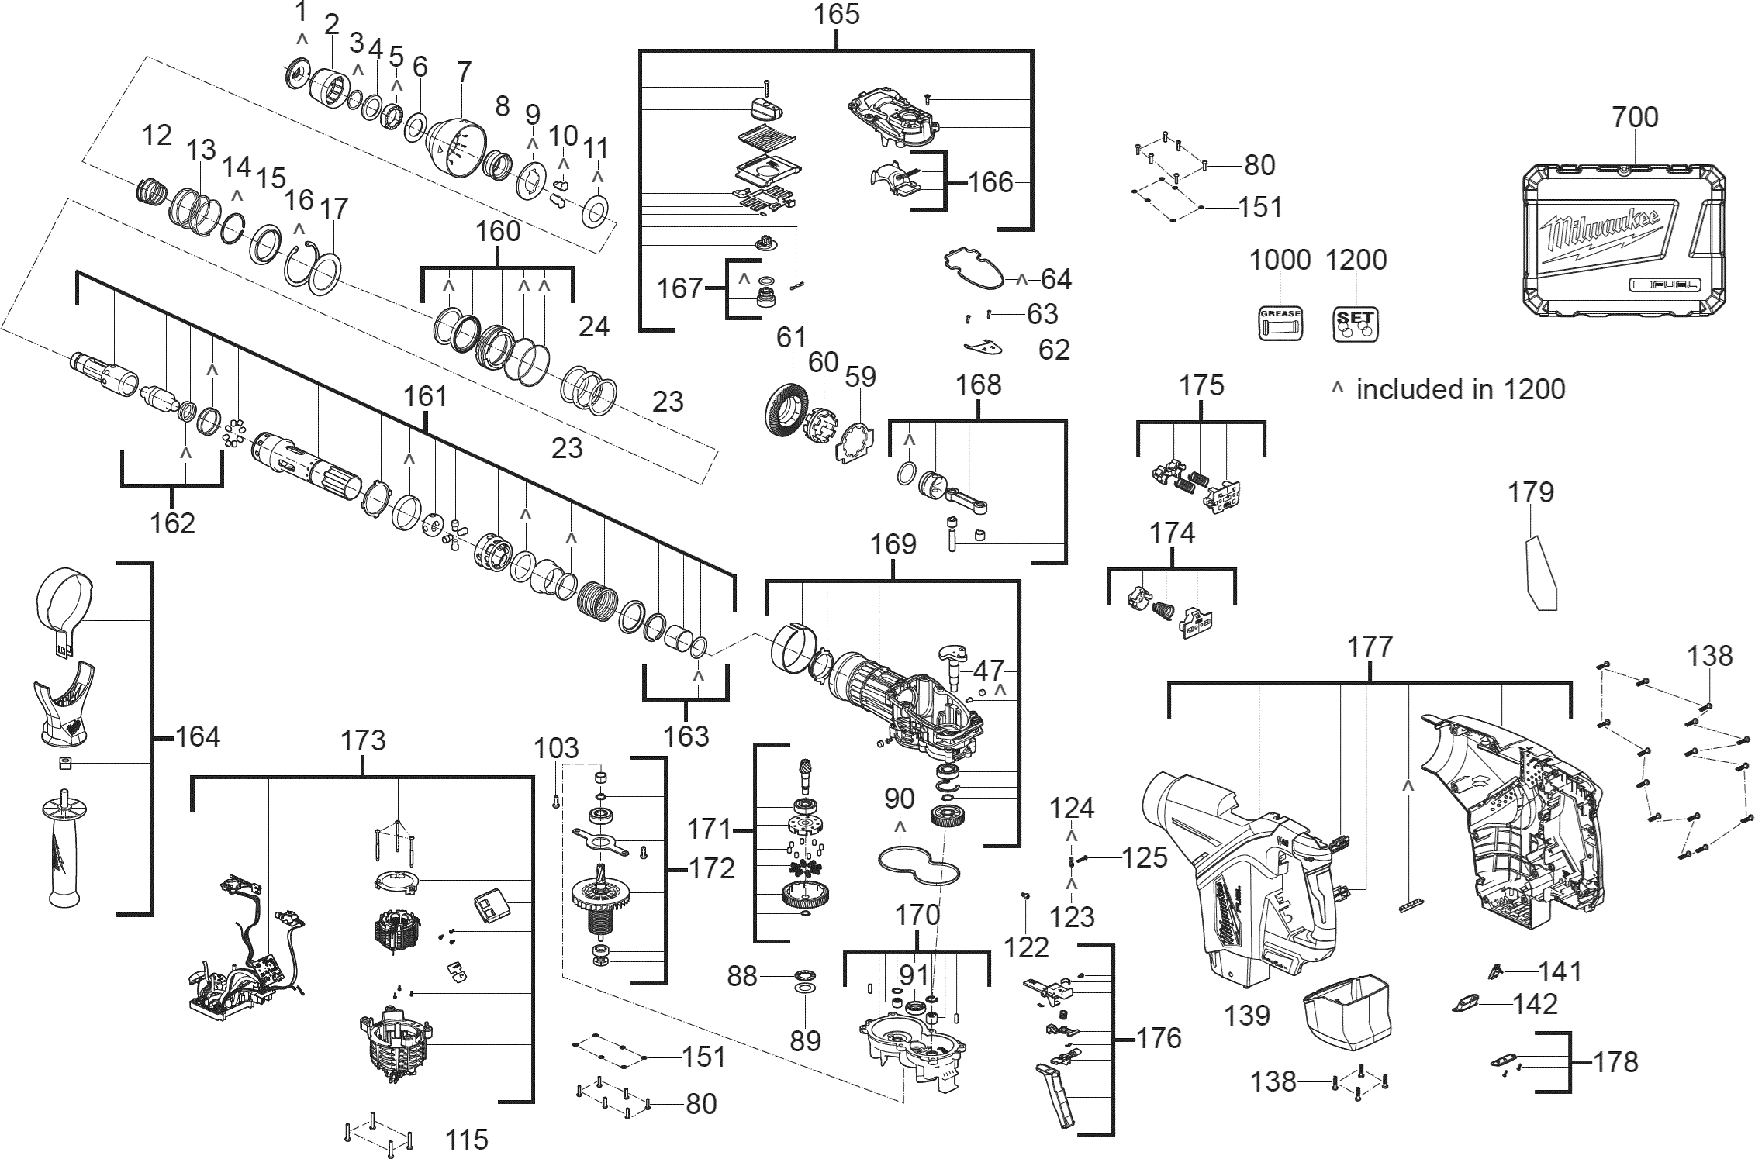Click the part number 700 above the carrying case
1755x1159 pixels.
coord(1636,117)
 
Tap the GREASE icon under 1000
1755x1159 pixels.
coord(1280,323)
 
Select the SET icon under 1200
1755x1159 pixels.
coord(1356,323)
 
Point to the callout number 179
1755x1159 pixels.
coord(1531,492)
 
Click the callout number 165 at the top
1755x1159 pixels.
coord(837,15)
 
